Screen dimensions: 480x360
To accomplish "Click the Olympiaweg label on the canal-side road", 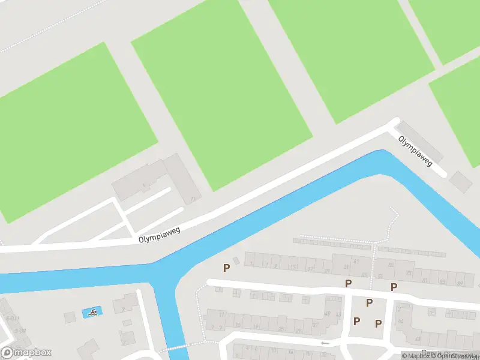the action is click(160, 233).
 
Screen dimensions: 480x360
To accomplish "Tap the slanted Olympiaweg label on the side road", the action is click(415, 151).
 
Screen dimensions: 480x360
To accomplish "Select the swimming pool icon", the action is click(92, 313).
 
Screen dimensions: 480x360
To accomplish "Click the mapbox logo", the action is click(26, 352).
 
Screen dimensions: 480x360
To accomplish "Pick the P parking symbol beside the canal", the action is click(226, 268).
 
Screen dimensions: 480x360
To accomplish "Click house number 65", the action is click(391, 265).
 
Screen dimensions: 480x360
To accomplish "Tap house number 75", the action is click(409, 273).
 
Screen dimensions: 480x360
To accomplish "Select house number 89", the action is click(460, 283).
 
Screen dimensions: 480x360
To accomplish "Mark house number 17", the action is click(310, 270).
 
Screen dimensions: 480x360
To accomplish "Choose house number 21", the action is click(328, 271).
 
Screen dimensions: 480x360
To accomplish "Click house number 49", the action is click(328, 314).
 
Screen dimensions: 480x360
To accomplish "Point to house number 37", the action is click(315, 325).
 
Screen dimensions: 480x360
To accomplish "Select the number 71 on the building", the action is click(192, 199).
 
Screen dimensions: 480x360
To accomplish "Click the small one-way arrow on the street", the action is click(325, 343).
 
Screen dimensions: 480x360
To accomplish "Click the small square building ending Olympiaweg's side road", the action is click(461, 181).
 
